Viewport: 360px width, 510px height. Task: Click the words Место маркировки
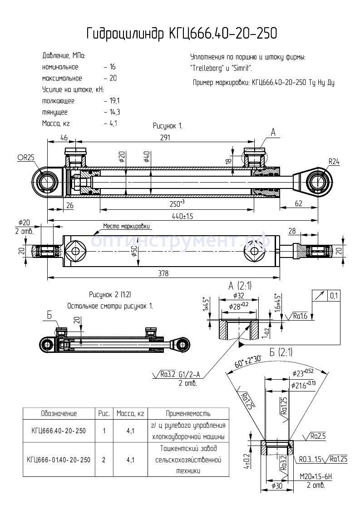[126, 226]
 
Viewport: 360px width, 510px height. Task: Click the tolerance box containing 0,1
[334, 296]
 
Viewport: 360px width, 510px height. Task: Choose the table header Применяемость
[188, 413]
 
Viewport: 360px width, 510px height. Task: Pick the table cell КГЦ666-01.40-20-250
[59, 460]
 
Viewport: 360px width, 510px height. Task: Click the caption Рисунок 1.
[167, 126]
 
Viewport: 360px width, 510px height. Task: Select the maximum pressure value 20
[113, 78]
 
